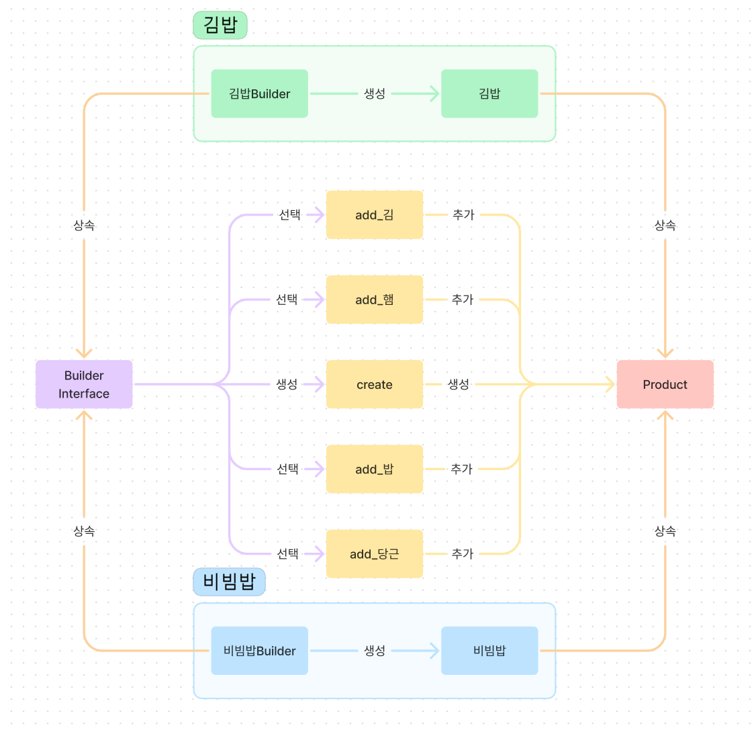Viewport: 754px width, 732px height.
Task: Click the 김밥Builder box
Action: click(259, 94)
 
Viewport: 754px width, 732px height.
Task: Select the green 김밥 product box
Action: click(489, 94)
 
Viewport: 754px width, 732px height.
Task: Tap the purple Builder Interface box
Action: click(84, 384)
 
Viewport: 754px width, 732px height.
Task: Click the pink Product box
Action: click(665, 384)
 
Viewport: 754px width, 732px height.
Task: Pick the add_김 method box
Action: click(375, 215)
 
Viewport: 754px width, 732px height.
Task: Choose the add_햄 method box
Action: click(375, 300)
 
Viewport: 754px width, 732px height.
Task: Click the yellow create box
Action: click(375, 384)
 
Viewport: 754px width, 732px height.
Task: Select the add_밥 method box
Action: click(375, 469)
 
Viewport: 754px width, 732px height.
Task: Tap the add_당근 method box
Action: click(375, 553)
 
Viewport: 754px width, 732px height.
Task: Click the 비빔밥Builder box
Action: click(259, 651)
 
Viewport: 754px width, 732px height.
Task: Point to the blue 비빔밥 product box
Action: click(489, 651)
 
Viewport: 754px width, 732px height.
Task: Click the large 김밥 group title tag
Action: click(220, 26)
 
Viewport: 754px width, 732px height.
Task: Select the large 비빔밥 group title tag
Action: click(229, 582)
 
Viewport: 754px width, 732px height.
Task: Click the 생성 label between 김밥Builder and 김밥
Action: click(375, 94)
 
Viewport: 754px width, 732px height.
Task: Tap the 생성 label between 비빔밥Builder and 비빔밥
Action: click(375, 651)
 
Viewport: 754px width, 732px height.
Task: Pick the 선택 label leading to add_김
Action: click(289, 215)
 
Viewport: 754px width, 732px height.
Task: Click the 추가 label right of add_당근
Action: click(462, 553)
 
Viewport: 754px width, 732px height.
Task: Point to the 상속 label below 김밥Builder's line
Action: click(84, 226)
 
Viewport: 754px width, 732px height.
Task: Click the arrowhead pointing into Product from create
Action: click(610, 384)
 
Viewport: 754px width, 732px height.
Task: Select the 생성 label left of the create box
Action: click(287, 384)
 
